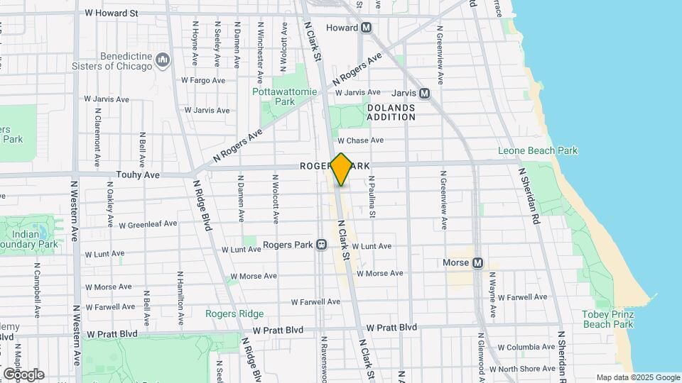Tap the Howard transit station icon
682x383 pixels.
tap(367, 28)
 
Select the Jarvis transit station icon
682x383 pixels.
tap(424, 93)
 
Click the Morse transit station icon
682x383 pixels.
tap(477, 263)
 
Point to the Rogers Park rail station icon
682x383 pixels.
tap(321, 245)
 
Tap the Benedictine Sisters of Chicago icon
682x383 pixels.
tap(163, 60)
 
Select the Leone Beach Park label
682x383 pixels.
tap(538, 150)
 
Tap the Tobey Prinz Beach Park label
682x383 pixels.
tap(607, 319)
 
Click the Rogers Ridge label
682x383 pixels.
tap(234, 313)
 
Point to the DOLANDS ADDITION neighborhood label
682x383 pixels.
tap(391, 112)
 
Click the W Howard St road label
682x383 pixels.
tap(111, 13)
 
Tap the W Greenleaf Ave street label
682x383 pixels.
tap(148, 224)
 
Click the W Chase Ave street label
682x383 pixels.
tap(360, 140)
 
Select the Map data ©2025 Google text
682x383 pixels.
tap(638, 377)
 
